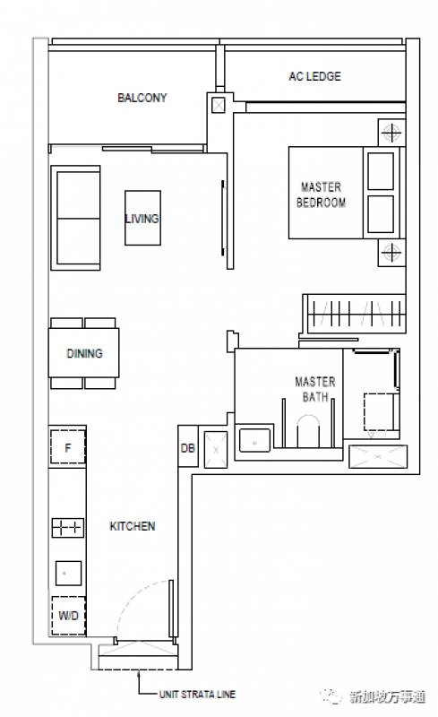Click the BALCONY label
coord(142,98)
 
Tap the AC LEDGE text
coord(314,76)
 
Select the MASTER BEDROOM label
coord(321,194)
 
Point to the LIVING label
coord(142,218)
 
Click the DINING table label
coord(84,353)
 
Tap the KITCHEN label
coord(133,526)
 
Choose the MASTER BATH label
coord(315,389)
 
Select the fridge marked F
coord(68,447)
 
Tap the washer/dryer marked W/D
coord(69,616)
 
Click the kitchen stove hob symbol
coord(68,528)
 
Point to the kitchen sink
coord(69,574)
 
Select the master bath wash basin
coord(254,440)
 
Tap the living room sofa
coord(76,218)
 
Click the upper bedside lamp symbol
coord(391,133)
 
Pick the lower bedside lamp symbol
coord(391,252)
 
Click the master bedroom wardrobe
coord(355,314)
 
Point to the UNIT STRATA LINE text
coord(198,694)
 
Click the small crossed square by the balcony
coord(219,106)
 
